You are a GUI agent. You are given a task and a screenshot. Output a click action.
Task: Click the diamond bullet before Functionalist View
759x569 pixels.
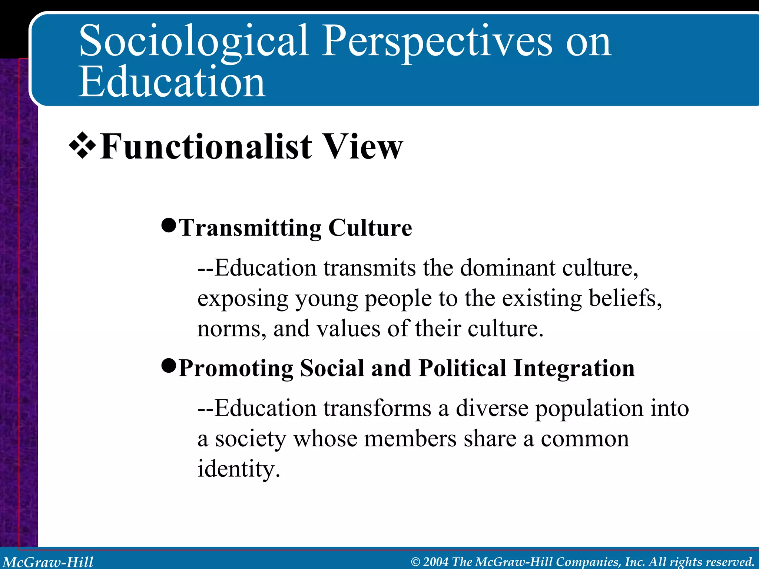tap(82, 147)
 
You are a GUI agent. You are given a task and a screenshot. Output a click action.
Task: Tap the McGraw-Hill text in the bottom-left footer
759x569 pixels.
tap(48, 562)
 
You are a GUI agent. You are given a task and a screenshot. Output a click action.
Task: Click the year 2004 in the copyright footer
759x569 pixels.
tap(435, 562)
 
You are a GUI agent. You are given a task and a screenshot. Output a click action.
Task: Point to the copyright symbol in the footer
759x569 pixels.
tap(415, 562)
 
